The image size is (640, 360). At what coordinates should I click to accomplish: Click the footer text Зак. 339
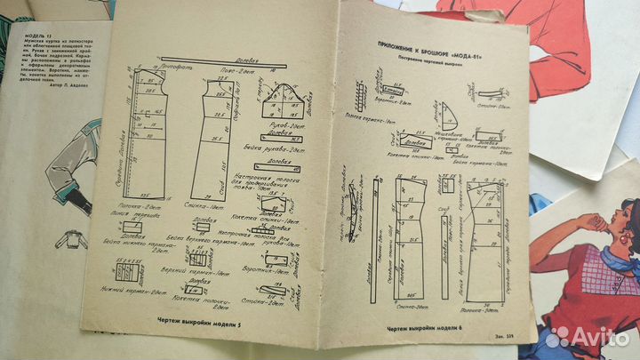[x=503, y=331]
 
